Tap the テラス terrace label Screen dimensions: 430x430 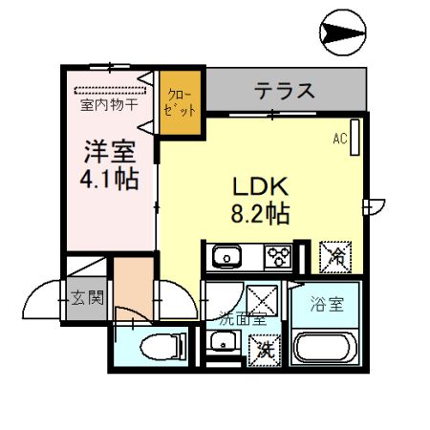[x=284, y=92]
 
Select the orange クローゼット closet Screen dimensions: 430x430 [x=180, y=102]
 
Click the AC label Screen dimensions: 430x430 [x=339, y=140]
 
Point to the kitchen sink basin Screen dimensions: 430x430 [x=228, y=257]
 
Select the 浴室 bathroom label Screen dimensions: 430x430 [x=326, y=306]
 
